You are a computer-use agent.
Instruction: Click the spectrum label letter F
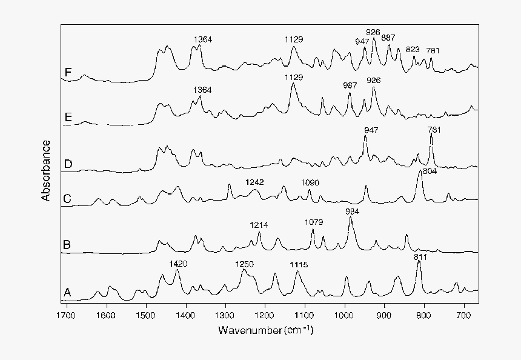[68, 73]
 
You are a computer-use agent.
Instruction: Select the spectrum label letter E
[68, 118]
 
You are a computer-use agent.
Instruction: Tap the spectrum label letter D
[68, 164]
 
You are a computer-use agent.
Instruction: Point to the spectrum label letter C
[68, 198]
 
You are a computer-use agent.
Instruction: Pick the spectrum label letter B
[68, 245]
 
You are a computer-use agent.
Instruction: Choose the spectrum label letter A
[68, 293]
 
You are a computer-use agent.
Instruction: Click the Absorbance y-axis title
[46, 171]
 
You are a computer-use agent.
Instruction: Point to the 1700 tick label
[66, 315]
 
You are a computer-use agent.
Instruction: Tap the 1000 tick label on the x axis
[343, 315]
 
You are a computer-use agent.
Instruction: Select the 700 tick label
[464, 315]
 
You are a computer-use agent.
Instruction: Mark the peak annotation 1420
[179, 264]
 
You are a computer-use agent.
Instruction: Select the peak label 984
[352, 211]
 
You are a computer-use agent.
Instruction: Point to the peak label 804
[429, 172]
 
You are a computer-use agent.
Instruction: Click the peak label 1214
[259, 225]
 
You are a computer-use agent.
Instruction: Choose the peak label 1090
[310, 182]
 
